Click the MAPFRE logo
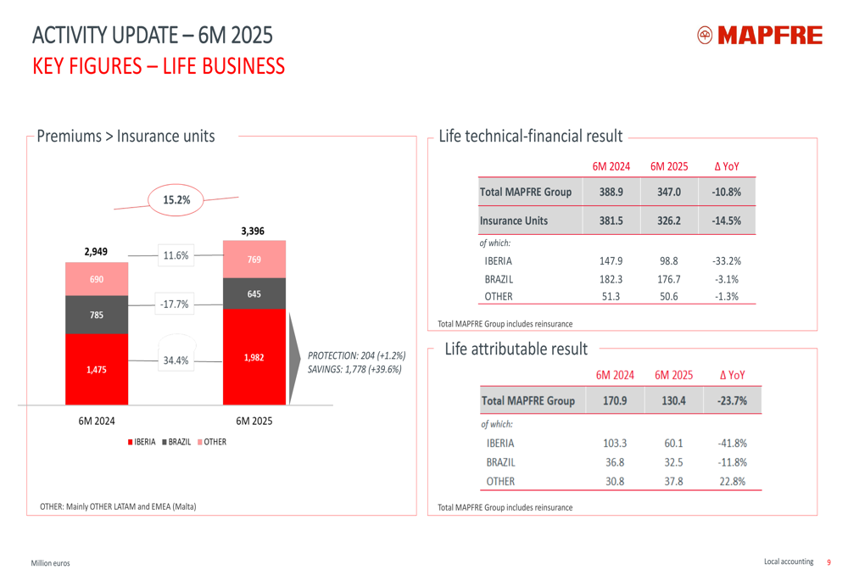(x=759, y=36)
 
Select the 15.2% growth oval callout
(x=176, y=200)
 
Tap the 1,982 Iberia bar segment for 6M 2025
(x=254, y=357)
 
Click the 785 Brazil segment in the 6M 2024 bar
(x=97, y=316)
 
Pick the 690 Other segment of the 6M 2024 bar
(x=97, y=278)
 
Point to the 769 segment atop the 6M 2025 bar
(x=254, y=260)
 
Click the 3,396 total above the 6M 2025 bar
(x=254, y=230)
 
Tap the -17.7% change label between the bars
(x=176, y=304)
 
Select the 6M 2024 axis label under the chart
(x=98, y=421)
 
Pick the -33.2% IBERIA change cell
(x=727, y=261)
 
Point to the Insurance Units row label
(x=514, y=221)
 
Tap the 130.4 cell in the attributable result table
(x=673, y=400)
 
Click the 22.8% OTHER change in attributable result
(x=731, y=481)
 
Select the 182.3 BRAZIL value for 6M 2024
(x=611, y=279)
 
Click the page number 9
(x=829, y=561)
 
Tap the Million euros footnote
(x=51, y=563)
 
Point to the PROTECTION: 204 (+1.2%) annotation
(x=356, y=355)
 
